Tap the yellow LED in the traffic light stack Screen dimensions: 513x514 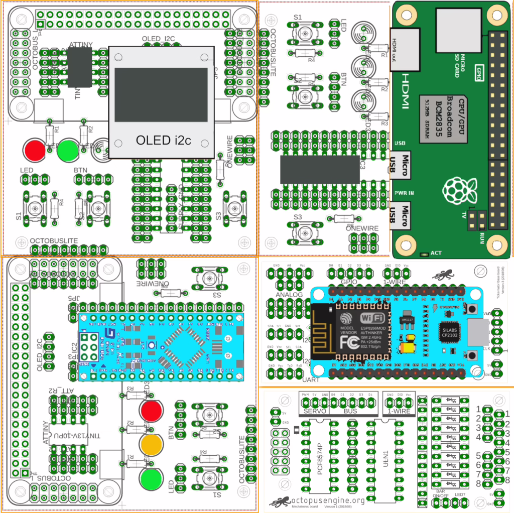click(x=151, y=443)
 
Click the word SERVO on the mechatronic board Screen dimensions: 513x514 click(x=315, y=412)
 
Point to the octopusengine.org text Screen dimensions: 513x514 click(x=329, y=500)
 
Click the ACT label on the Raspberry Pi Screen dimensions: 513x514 click(x=436, y=252)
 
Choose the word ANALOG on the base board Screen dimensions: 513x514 click(x=289, y=295)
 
